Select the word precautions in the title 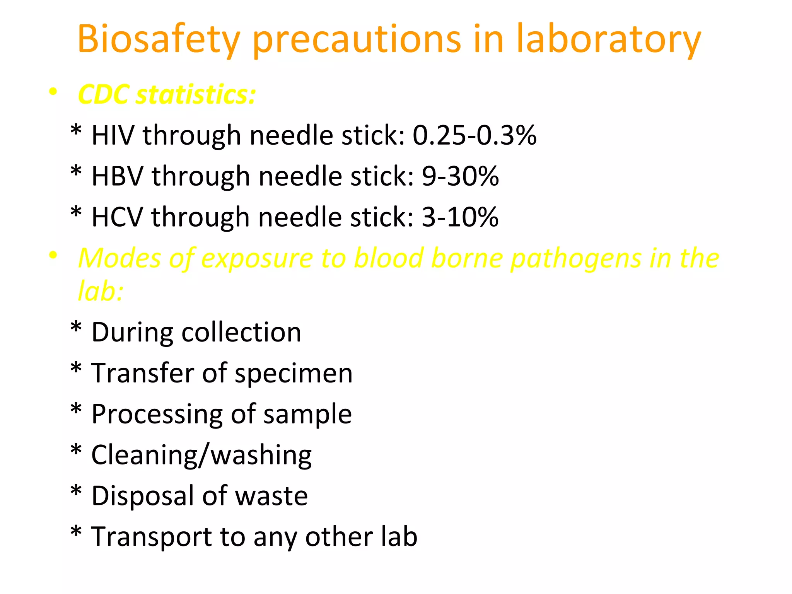click(357, 39)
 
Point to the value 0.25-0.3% click(475, 135)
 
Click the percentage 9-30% click(460, 176)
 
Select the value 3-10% click(460, 217)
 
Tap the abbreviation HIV click(113, 135)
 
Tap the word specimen click(294, 374)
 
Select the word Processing click(157, 415)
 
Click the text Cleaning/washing click(201, 455)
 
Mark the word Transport click(151, 537)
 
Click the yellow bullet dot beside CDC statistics click(53, 92)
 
